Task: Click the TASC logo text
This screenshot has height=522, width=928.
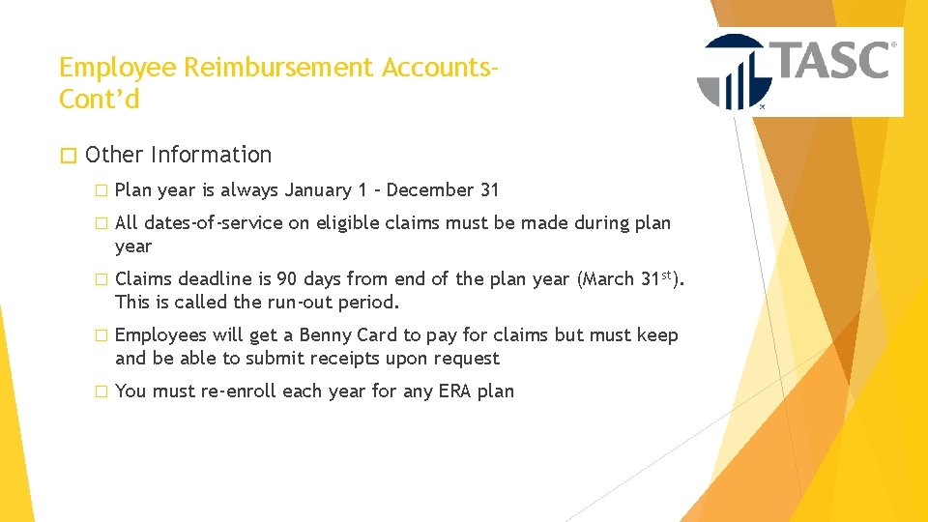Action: (x=830, y=60)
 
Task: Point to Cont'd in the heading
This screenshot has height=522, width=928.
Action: (x=99, y=99)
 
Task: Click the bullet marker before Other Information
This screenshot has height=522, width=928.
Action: (x=66, y=155)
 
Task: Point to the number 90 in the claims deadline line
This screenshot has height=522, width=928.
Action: (x=287, y=279)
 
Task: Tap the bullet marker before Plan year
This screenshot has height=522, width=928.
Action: (x=98, y=191)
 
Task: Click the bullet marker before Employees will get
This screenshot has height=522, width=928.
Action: (x=98, y=336)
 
